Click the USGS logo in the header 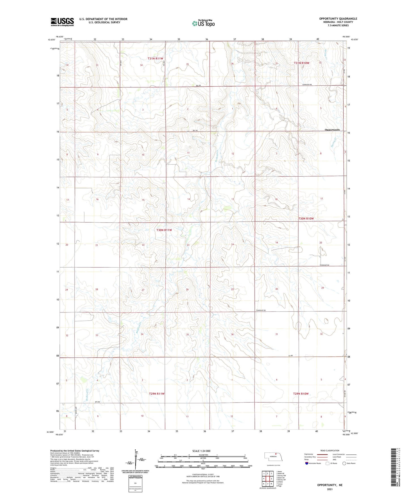point(62,22)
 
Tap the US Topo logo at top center point(203,23)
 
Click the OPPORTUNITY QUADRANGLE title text point(338,19)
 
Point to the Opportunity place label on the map point(332,130)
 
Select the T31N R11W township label point(155,59)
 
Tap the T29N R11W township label point(157,394)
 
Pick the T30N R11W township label point(164,230)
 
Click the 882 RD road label point(198,85)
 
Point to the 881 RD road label point(194,130)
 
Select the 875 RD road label point(98,402)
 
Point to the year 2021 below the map point(329,489)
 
